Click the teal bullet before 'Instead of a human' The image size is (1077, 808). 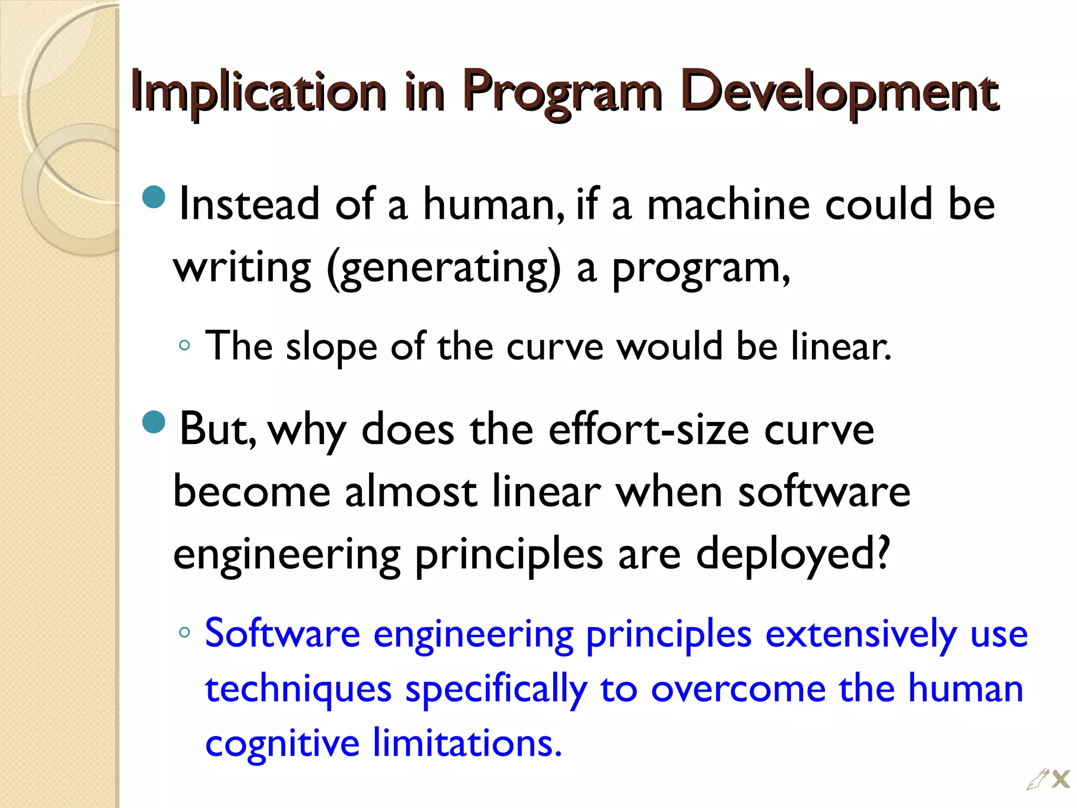[x=154, y=197]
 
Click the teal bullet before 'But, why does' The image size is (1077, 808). [x=154, y=421]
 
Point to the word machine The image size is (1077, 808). [x=728, y=204]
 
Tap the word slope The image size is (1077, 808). [x=331, y=347]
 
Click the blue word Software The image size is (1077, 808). [x=282, y=633]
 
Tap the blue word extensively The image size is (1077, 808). [x=861, y=634]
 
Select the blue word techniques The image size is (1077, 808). [x=298, y=690]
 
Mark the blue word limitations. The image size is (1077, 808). [x=468, y=743]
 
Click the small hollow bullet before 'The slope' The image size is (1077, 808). [x=184, y=346]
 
